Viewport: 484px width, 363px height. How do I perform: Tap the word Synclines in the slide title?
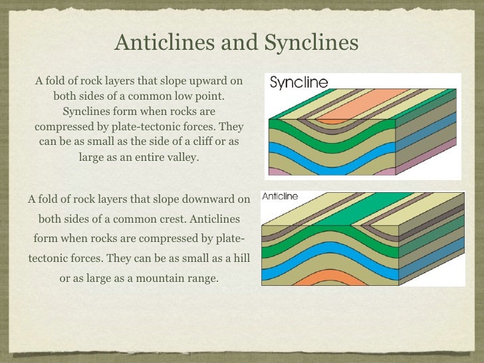click(x=312, y=43)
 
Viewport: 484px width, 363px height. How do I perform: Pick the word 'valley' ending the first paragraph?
click(x=181, y=158)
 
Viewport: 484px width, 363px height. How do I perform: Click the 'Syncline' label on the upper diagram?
click(x=299, y=83)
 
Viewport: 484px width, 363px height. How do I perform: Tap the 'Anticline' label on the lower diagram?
click(x=280, y=197)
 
